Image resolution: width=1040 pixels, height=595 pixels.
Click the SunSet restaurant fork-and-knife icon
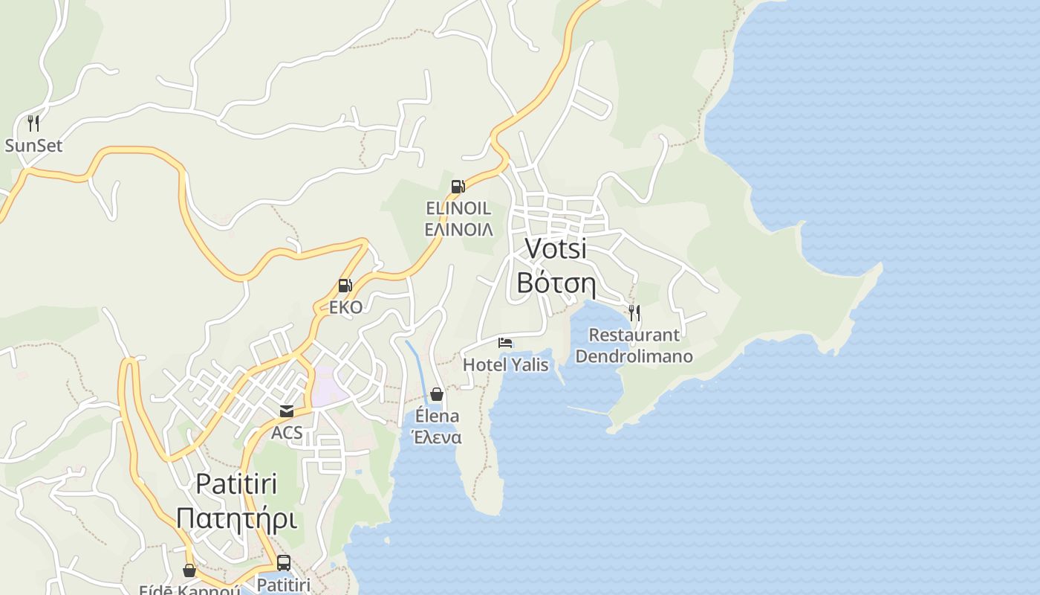tap(33, 123)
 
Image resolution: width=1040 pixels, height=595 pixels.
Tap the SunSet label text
tap(33, 145)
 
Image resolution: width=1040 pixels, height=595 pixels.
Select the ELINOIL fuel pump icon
tap(458, 187)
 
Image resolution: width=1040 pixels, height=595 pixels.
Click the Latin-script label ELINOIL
tap(458, 208)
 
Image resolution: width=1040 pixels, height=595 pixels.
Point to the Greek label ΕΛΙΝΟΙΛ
tap(458, 229)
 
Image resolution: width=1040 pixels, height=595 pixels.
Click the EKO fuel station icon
tap(345, 286)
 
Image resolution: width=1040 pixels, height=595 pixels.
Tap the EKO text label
tap(346, 307)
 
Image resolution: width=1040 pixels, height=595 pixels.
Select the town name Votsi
tap(556, 248)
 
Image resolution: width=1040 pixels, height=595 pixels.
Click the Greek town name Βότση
tap(556, 283)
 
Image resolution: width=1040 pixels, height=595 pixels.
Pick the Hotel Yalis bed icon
tap(505, 343)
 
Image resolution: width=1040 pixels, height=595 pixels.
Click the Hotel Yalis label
tap(505, 364)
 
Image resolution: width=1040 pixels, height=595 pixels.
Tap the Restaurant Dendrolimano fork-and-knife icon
tap(634, 312)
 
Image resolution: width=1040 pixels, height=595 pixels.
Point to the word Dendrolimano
tap(634, 356)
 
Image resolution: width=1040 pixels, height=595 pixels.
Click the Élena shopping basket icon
tap(437, 394)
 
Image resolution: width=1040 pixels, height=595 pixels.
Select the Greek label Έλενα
tap(437, 437)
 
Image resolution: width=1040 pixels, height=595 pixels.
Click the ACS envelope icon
tap(286, 411)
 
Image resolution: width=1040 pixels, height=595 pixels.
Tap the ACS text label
tap(287, 432)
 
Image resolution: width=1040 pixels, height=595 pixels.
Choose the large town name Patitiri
tap(236, 484)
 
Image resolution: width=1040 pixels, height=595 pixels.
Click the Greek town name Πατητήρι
tap(236, 518)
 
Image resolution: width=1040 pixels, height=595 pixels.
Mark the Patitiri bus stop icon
tap(283, 563)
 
